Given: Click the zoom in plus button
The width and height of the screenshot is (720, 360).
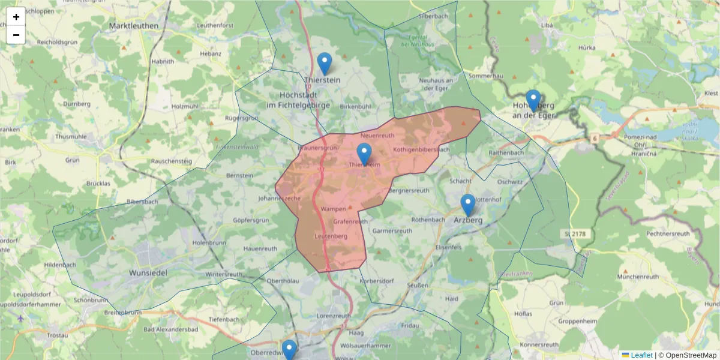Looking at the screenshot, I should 16,17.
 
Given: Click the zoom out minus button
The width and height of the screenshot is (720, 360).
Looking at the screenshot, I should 16,35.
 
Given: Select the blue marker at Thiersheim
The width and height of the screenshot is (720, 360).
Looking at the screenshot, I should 364,154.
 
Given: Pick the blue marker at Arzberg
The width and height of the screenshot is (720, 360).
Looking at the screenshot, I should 468,205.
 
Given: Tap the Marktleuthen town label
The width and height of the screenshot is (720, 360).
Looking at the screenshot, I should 134,26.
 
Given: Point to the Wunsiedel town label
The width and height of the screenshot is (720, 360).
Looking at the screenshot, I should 147,273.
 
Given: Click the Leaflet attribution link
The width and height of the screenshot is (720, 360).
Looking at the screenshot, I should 641,355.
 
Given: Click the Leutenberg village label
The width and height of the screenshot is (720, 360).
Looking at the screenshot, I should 331,236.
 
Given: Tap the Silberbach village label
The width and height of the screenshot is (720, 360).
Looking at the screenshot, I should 434,16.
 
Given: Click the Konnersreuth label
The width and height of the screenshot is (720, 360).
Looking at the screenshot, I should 538,346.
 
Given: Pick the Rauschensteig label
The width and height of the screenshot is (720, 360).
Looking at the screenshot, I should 171,161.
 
